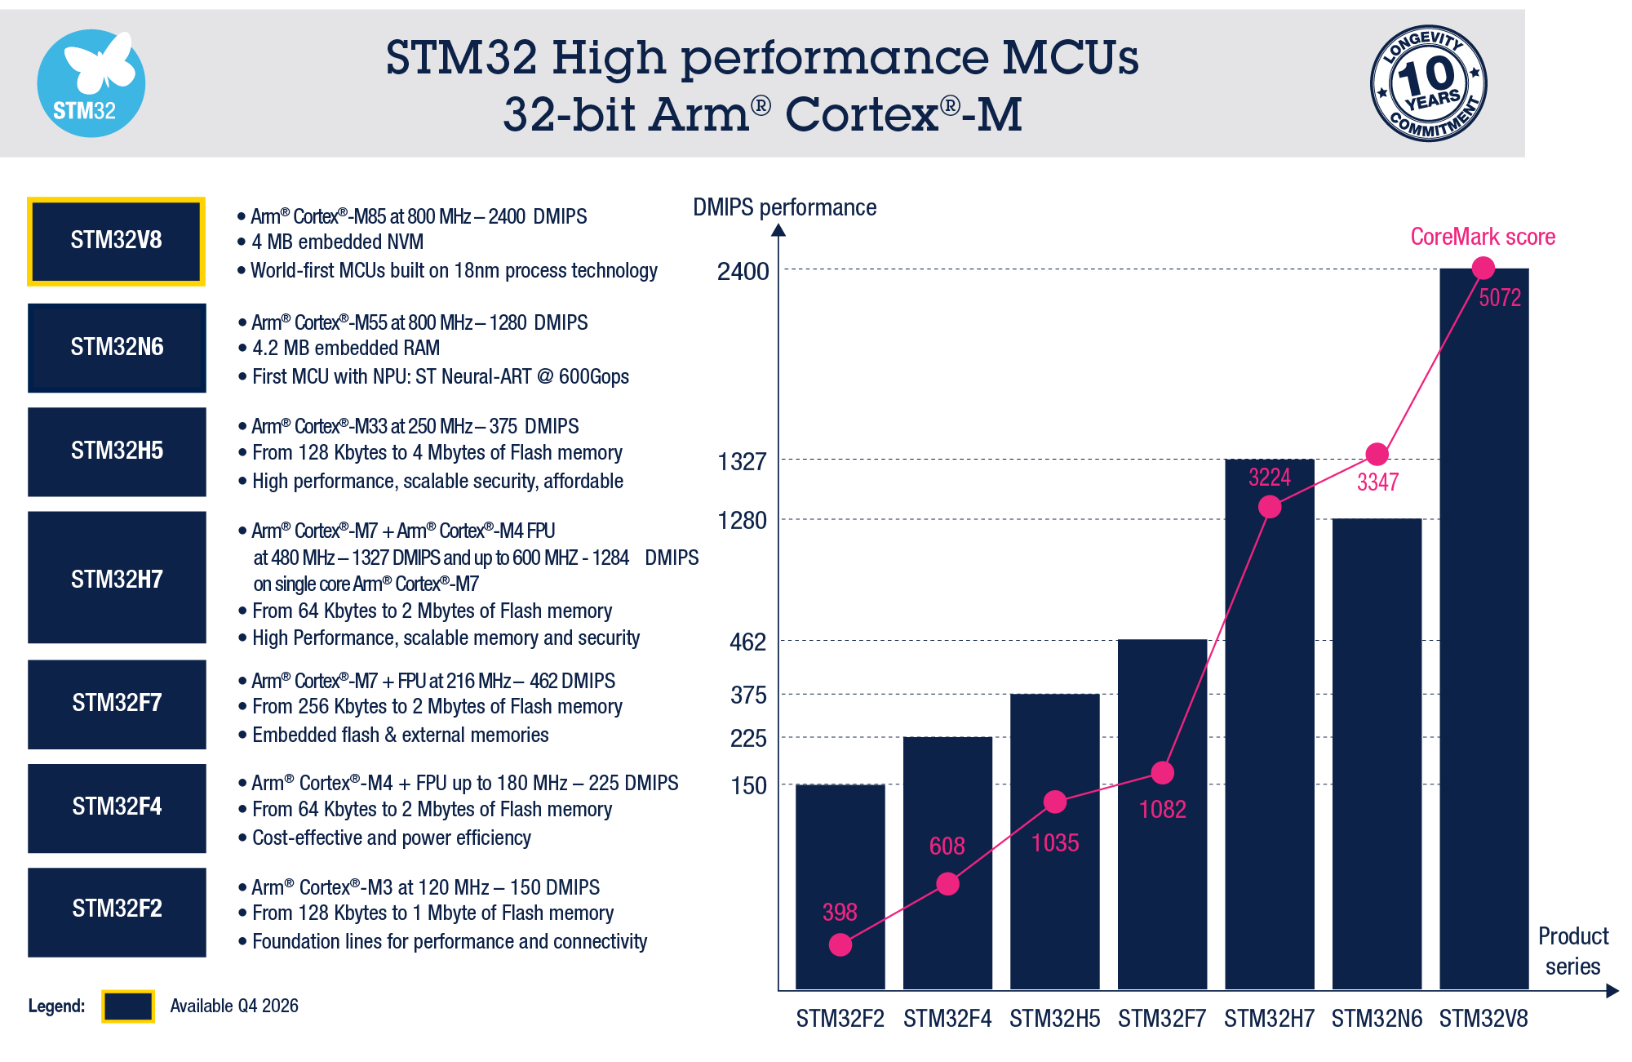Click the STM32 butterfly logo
pos(91,83)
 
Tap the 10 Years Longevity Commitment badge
pos(1428,83)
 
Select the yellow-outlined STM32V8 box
pos(116,241)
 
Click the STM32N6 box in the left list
pos(117,348)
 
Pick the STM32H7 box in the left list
pos(117,578)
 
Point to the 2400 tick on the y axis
pos(743,271)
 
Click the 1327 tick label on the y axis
pos(742,462)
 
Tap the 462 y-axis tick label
pos(747,642)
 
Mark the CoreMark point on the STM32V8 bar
pos(1483,268)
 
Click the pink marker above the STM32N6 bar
pos(1377,454)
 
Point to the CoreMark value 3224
pos(1269,478)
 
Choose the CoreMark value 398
pos(840,912)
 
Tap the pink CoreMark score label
pos(1483,237)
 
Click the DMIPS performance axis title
pos(784,207)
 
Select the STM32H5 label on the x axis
pos(1054,1019)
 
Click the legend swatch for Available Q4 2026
pos(128,1006)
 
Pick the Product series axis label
pos(1572,951)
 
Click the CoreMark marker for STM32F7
pos(1162,772)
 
